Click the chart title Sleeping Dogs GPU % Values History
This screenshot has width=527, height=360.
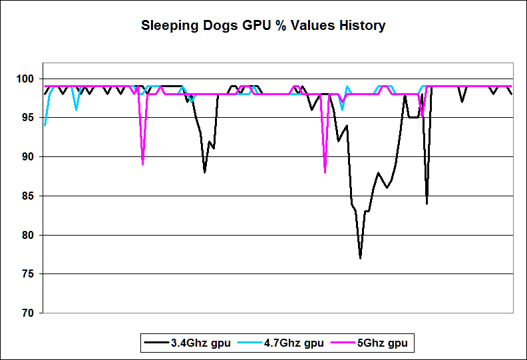(263, 27)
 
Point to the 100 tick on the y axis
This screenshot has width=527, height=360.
(31, 79)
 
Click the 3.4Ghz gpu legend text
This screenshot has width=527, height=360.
(200, 343)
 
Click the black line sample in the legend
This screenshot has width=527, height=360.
(156, 343)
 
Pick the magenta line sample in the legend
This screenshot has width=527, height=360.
(341, 343)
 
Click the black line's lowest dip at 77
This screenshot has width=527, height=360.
(360, 258)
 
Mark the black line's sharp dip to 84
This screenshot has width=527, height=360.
(427, 203)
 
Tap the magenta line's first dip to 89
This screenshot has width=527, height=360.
(143, 164)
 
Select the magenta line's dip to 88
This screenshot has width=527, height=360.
(325, 172)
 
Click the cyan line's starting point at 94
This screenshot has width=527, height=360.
(45, 125)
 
